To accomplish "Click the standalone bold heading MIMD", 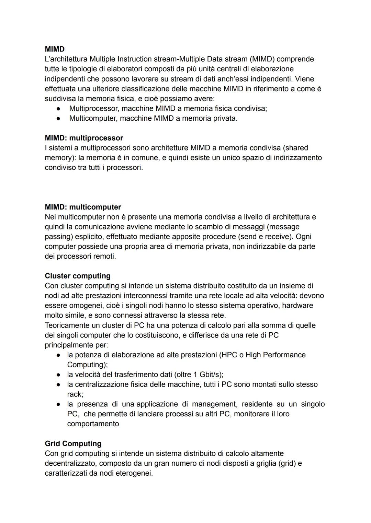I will (55, 49).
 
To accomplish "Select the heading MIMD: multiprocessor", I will (84, 138).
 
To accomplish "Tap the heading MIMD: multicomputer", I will (83, 207).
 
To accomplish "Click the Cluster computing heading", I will (78, 276).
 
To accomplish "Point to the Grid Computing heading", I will (73, 444).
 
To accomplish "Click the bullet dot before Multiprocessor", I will (59, 109).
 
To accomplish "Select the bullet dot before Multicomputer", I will (59, 119).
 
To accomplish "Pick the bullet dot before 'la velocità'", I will (59, 375).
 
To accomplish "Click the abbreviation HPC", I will (229, 355).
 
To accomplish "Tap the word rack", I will (75, 394).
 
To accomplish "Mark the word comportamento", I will (93, 424).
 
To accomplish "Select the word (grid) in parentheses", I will (285, 464).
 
